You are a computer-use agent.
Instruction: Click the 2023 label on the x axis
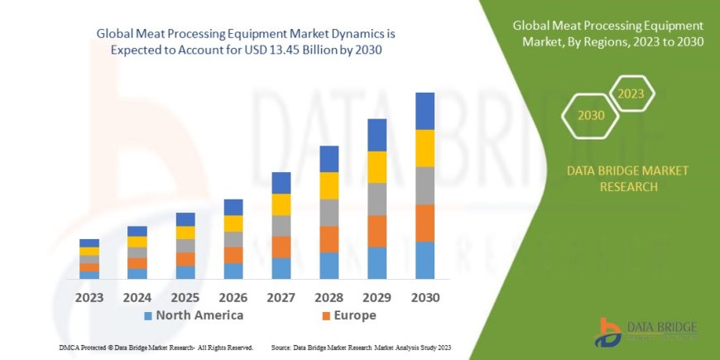tap(89, 297)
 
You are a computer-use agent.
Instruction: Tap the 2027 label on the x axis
tap(281, 297)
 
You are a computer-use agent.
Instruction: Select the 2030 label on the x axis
tap(425, 297)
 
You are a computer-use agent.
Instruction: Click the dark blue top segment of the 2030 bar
tap(425, 111)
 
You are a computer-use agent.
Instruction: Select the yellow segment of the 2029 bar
tap(377, 167)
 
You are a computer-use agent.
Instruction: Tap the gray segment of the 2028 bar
tap(329, 213)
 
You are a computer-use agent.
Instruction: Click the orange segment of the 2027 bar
tap(281, 247)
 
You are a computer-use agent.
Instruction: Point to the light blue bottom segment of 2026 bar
tap(233, 271)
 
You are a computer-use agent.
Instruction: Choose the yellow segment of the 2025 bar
tap(185, 233)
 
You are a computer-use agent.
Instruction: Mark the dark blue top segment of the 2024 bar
tap(137, 231)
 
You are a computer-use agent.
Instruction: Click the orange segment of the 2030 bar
tap(425, 223)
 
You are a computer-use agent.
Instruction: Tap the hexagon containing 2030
tap(592, 115)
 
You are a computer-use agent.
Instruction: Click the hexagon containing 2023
tap(631, 93)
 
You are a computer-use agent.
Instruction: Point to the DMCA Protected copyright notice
tap(156, 347)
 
